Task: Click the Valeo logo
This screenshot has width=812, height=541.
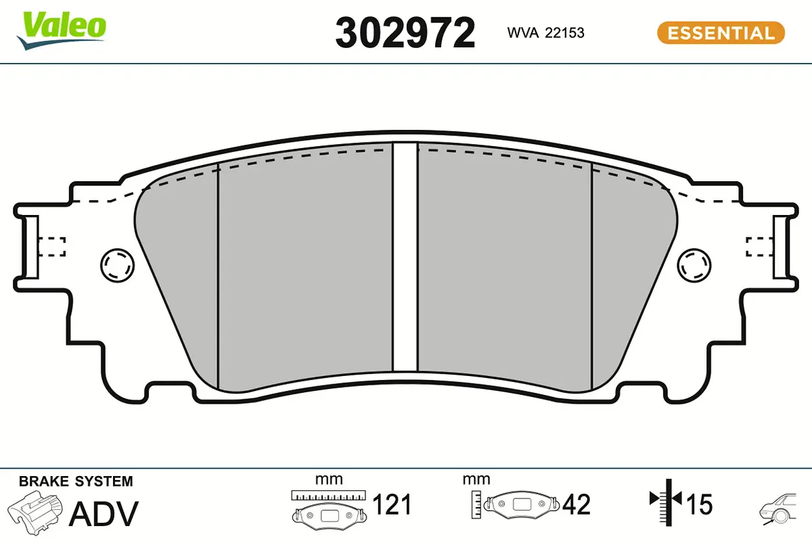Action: pyautogui.click(x=62, y=31)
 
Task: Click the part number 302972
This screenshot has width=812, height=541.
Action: pyautogui.click(x=405, y=33)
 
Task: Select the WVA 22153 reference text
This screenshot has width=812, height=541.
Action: pyautogui.click(x=545, y=33)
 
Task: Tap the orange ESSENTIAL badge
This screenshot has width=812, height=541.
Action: pyautogui.click(x=721, y=33)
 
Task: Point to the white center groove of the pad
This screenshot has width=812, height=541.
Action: pyautogui.click(x=405, y=257)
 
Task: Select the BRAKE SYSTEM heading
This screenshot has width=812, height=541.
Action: pyautogui.click(x=76, y=481)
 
